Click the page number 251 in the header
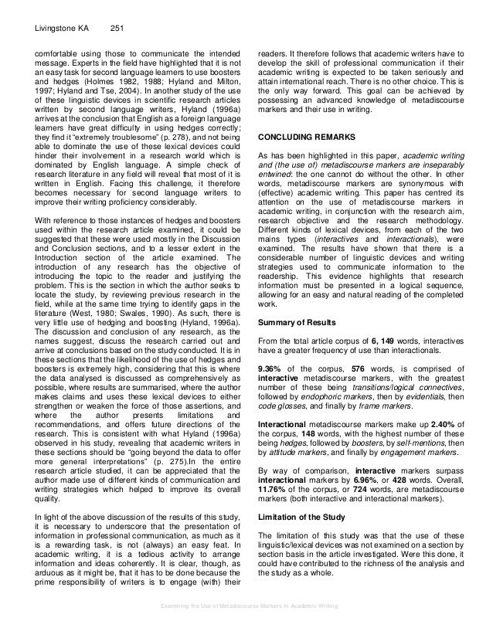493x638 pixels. (x=114, y=29)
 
